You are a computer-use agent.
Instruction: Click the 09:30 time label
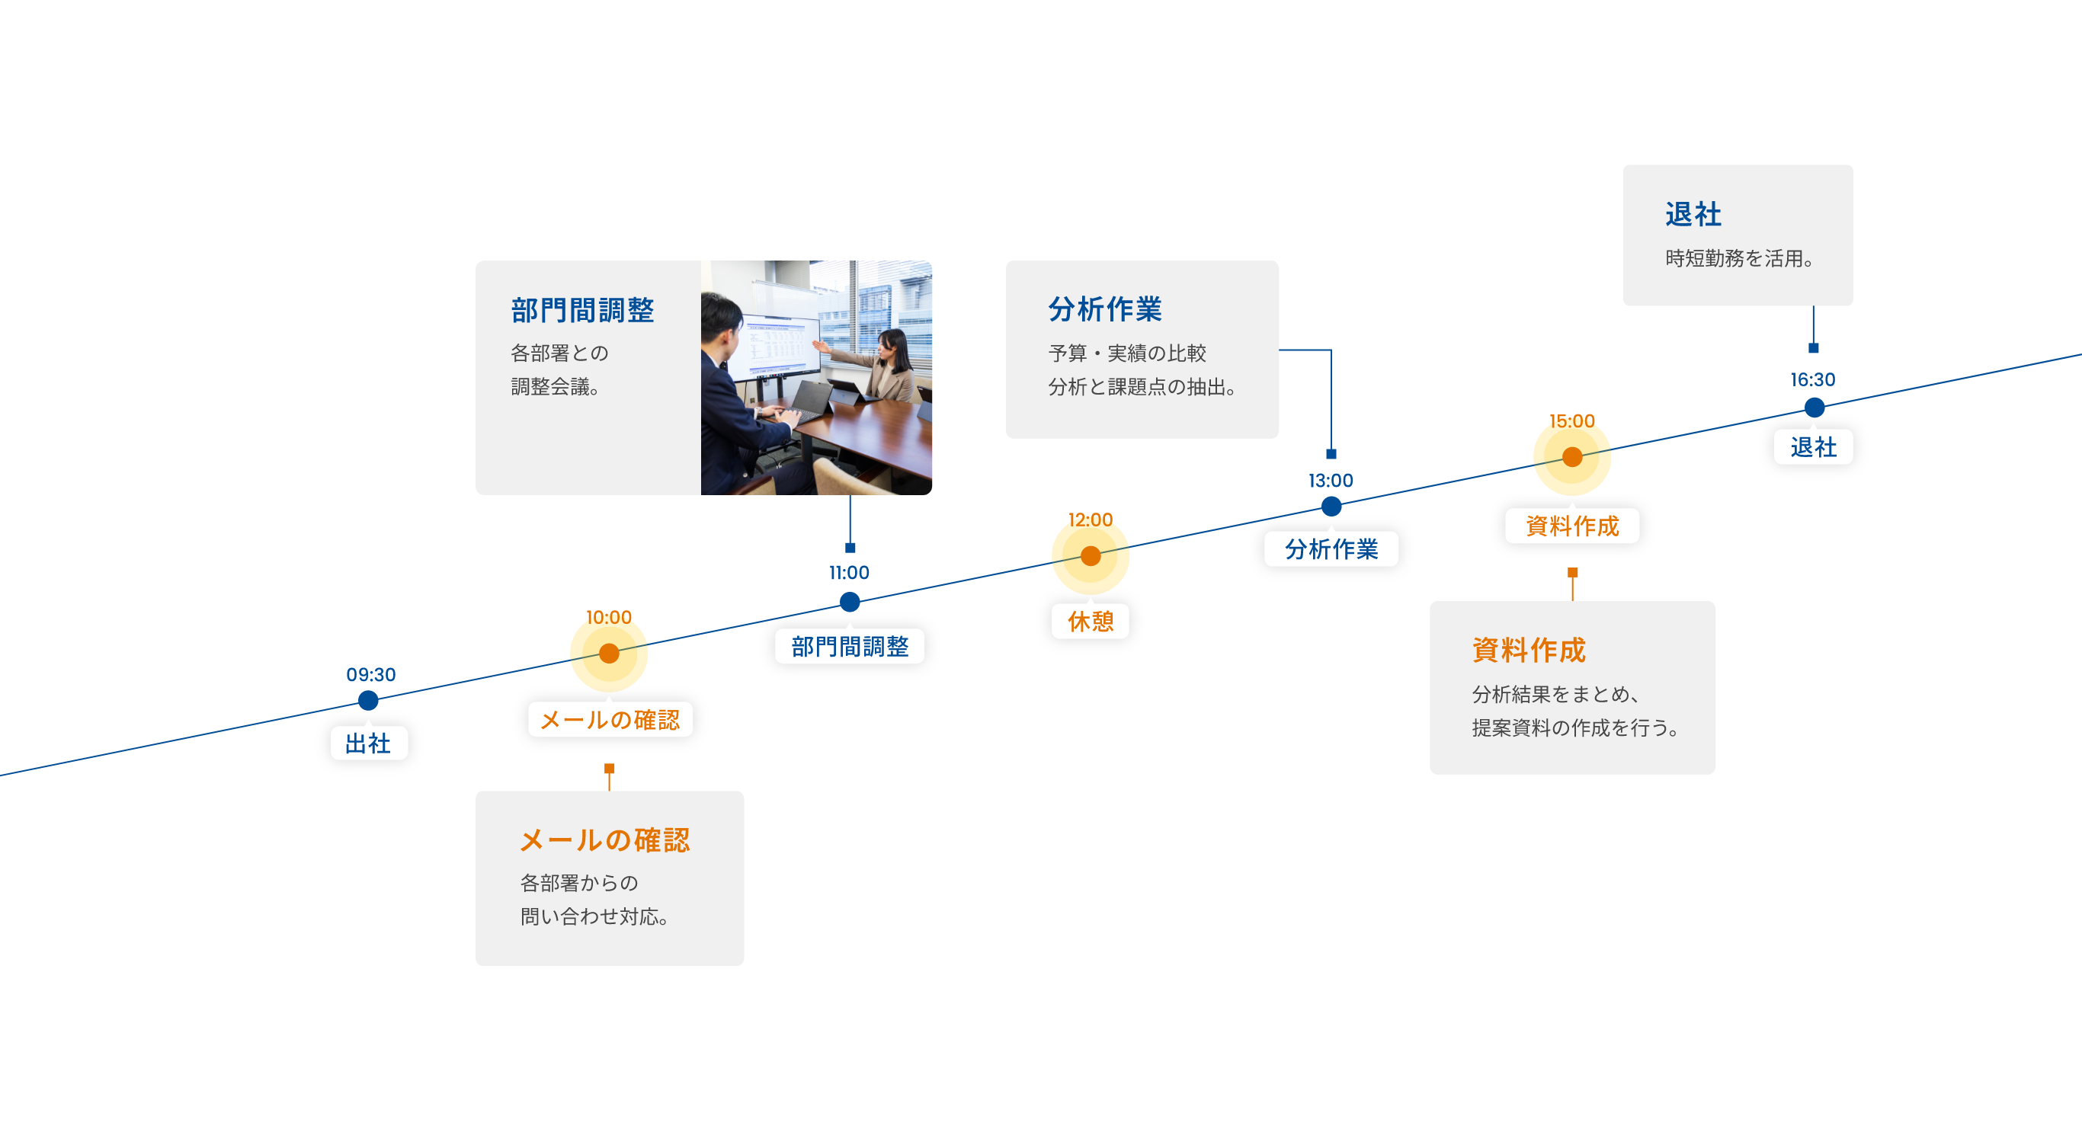coord(371,675)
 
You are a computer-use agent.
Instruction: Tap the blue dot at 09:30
coord(369,700)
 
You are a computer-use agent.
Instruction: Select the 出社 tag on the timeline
coord(369,743)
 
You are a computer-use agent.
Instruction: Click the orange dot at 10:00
coord(610,653)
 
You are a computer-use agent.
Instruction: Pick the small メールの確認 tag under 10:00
coord(610,719)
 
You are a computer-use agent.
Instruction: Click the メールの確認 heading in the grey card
coord(604,840)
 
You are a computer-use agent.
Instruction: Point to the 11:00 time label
coord(849,573)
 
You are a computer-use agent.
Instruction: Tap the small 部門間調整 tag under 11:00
coord(850,647)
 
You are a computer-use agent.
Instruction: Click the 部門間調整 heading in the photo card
coord(582,310)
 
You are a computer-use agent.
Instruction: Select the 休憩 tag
coord(1091,622)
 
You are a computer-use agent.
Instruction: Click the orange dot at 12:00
coord(1091,556)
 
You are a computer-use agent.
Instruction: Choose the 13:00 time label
coord(1331,481)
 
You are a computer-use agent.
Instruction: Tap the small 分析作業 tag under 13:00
coord(1331,549)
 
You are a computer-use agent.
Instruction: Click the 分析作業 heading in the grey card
coord(1105,309)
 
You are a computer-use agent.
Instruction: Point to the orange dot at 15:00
coord(1572,457)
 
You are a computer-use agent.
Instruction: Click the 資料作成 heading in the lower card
coord(1529,650)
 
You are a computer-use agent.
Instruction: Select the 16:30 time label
coord(1812,380)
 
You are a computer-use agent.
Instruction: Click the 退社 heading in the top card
coord(1693,215)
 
